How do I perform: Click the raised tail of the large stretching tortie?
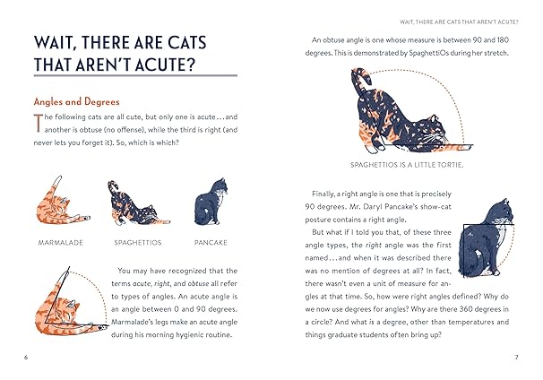point(359,85)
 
